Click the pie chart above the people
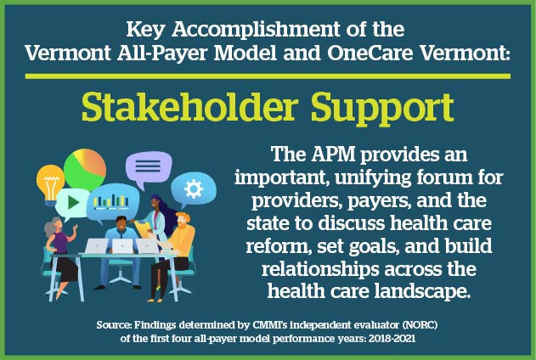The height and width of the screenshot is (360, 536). pyautogui.click(x=85, y=169)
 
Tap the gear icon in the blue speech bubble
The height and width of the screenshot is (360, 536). pyautogui.click(x=193, y=188)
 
